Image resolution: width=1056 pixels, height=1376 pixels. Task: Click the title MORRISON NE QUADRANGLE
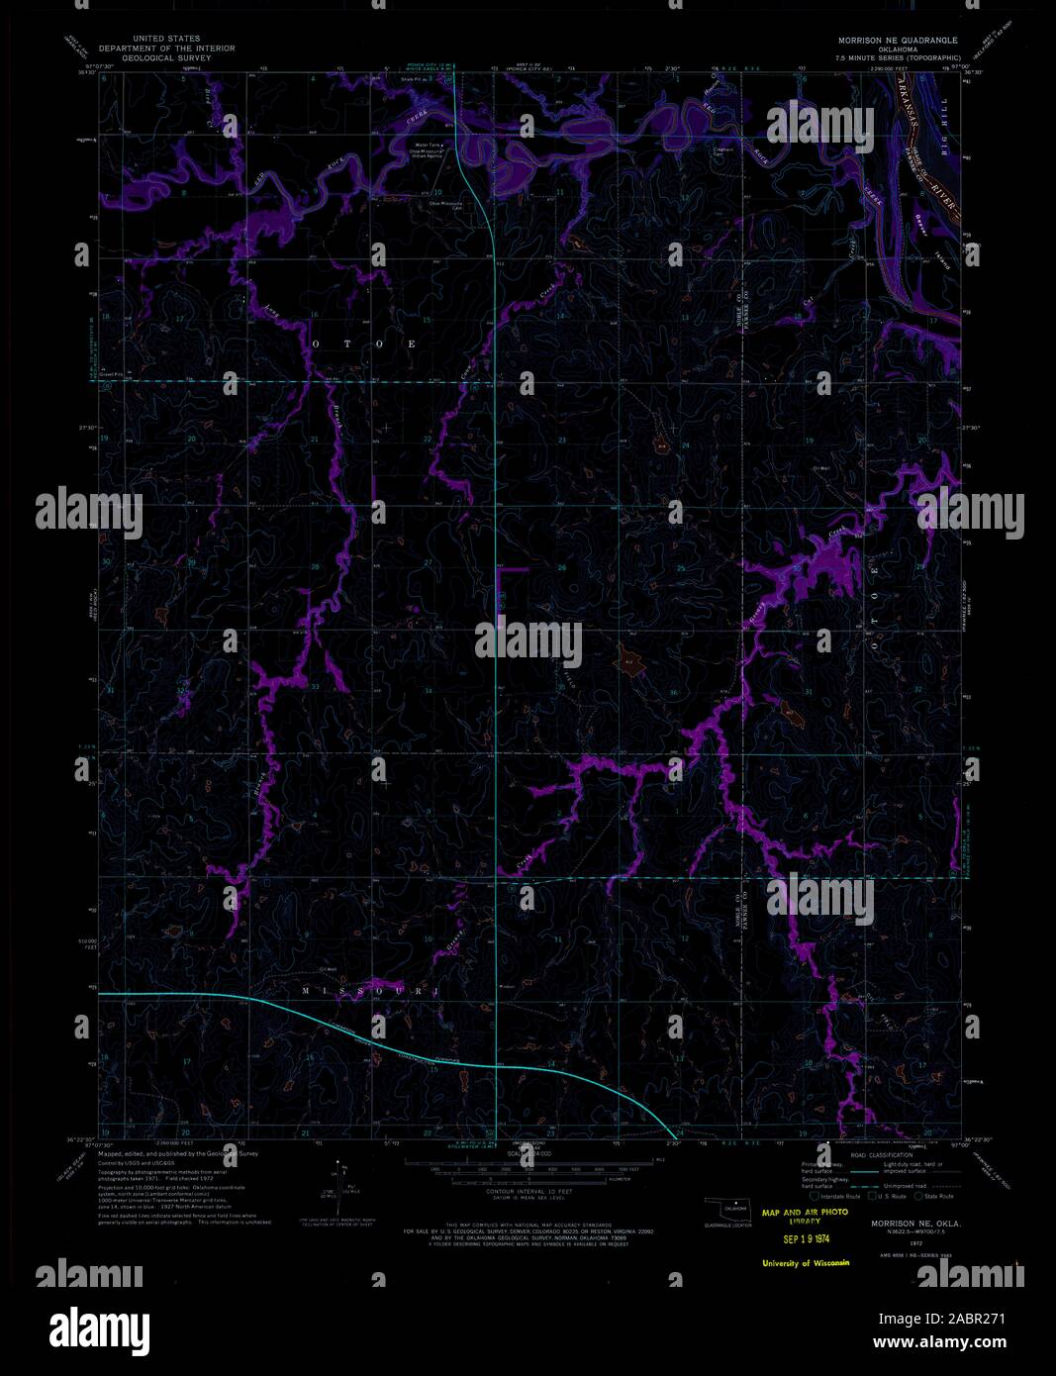tap(897, 40)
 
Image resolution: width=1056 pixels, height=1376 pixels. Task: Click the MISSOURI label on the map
tap(367, 990)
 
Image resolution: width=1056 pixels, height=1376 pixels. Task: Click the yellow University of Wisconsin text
tap(805, 1263)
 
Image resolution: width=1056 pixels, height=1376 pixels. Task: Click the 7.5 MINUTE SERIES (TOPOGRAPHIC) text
tap(897, 58)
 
